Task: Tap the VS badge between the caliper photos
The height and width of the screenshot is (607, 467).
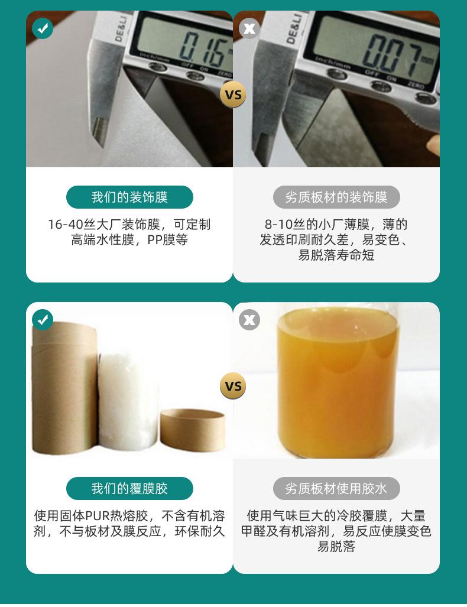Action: pyautogui.click(x=233, y=95)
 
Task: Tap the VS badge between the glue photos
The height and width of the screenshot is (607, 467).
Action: pyautogui.click(x=233, y=386)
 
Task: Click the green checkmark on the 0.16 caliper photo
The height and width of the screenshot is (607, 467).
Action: pyautogui.click(x=43, y=28)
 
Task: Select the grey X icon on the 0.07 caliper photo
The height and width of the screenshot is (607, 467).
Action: pyautogui.click(x=249, y=28)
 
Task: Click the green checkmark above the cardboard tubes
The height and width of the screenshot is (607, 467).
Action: pyautogui.click(x=43, y=320)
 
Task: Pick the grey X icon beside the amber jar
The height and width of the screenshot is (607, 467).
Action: pyautogui.click(x=249, y=320)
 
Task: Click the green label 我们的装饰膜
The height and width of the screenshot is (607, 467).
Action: pyautogui.click(x=129, y=197)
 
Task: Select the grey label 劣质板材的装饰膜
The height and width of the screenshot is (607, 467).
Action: pyautogui.click(x=336, y=197)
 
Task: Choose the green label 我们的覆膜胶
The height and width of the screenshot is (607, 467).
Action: pyautogui.click(x=129, y=489)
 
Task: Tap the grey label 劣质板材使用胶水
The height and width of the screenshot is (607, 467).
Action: pyautogui.click(x=336, y=489)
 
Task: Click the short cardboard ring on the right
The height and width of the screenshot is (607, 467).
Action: pyautogui.click(x=193, y=430)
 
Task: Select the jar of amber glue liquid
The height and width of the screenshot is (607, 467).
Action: pyautogui.click(x=338, y=381)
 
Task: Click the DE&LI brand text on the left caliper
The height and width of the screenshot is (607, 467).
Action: pyautogui.click(x=121, y=28)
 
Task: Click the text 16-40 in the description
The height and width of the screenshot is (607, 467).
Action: pyautogui.click(x=66, y=225)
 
